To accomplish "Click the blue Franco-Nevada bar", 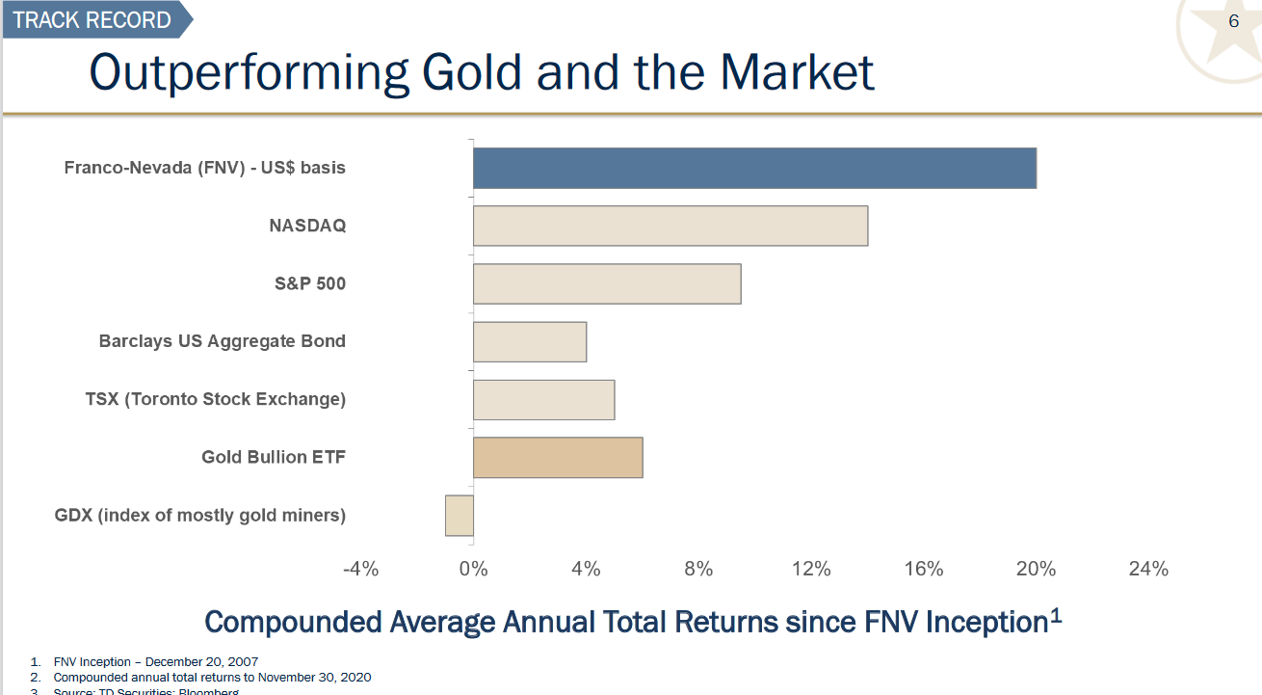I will pos(754,168).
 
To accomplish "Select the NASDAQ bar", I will pos(670,226).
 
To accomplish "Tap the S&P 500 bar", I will pos(607,283).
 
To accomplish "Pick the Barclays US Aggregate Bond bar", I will pos(530,341).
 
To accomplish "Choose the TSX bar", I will pos(543,399).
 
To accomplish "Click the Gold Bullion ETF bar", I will pos(558,457).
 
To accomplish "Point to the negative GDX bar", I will pos(460,515).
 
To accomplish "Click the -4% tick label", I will pos(361,569).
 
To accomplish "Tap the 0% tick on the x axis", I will pos(473,569).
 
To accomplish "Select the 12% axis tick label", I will pos(811,569).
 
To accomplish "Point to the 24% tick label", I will pos(1148,569).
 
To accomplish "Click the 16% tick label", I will pos(924,569).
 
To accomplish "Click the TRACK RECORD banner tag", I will pos(92,19).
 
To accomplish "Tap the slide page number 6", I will pos(1233,21).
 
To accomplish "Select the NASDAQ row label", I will pos(307,226).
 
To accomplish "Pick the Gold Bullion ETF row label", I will pos(274,457).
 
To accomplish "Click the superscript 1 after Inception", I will pos(1056,615).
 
